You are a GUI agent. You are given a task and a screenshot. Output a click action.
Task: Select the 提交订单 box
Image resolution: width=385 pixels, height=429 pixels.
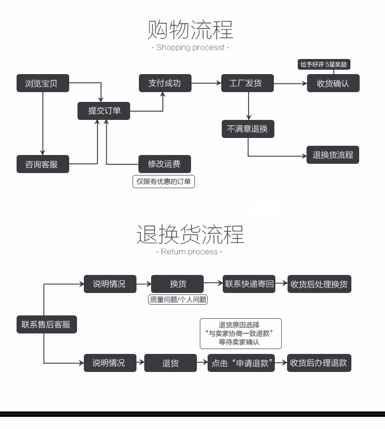point(104,111)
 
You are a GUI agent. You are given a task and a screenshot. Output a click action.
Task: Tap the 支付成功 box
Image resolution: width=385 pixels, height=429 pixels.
point(164,83)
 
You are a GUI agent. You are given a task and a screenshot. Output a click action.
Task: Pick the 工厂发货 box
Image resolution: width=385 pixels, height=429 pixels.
point(248,83)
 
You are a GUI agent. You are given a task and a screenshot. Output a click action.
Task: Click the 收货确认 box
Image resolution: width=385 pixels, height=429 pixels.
point(333,83)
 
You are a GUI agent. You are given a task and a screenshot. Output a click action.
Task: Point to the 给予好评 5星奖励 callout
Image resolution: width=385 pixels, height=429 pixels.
point(324,64)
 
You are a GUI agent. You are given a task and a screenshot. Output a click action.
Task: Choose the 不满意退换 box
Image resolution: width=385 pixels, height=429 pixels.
point(248,129)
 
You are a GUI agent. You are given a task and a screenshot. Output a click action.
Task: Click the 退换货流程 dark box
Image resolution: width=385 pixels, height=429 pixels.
point(333,156)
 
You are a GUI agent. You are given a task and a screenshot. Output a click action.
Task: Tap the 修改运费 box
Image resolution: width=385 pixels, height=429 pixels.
point(164,164)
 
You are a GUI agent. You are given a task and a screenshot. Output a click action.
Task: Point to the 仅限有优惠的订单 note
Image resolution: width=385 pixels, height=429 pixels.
point(164,182)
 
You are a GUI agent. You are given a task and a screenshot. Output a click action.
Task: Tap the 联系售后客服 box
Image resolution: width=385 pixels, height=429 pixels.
point(46,324)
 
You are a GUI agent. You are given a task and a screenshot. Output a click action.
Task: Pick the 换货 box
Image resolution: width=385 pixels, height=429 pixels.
point(177,284)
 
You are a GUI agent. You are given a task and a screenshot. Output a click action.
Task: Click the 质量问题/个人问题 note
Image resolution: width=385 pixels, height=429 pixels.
point(177,300)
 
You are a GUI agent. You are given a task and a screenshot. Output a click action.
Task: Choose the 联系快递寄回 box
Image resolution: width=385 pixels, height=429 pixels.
point(249,284)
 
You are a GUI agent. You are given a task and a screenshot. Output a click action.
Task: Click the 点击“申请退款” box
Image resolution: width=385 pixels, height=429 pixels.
point(241,363)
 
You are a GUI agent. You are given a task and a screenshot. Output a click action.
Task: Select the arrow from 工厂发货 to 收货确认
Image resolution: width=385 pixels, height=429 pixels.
point(290,84)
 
